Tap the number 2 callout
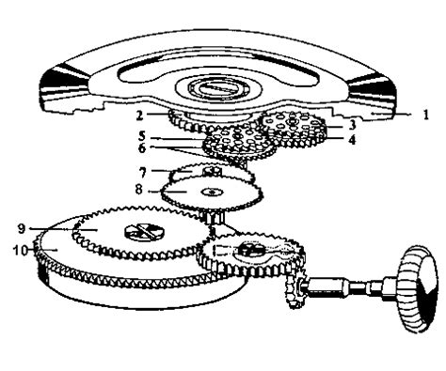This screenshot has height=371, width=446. [137, 116]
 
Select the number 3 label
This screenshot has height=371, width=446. [350, 124]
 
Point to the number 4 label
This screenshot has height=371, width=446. [350, 140]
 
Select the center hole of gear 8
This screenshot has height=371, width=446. [212, 193]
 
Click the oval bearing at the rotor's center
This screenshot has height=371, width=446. [223, 89]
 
